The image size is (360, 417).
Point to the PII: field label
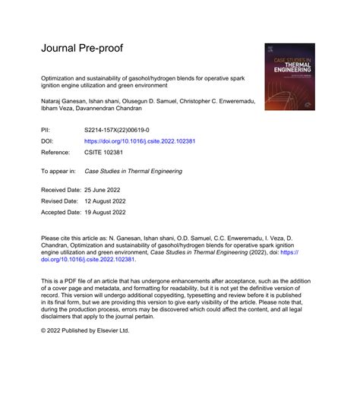[47, 131]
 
